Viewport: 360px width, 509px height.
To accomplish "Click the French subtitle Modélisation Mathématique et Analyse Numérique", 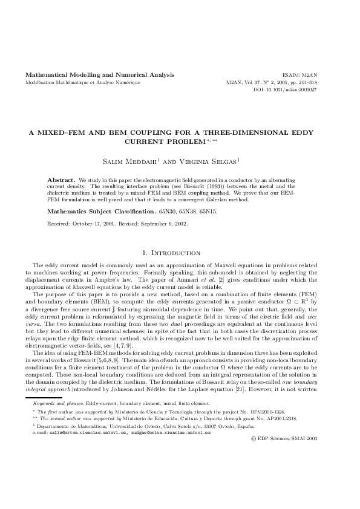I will point(82,82).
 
